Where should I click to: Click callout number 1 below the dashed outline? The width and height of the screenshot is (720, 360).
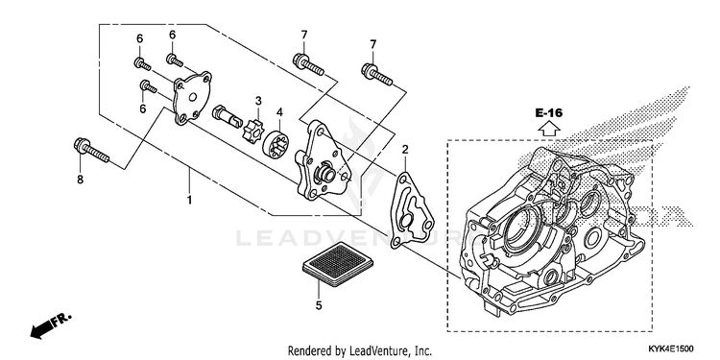pyautogui.click(x=189, y=201)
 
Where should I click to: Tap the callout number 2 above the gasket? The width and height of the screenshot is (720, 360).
pyautogui.click(x=404, y=149)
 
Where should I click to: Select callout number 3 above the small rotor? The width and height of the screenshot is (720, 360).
pyautogui.click(x=258, y=101)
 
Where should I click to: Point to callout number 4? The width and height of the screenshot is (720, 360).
pyautogui.click(x=279, y=111)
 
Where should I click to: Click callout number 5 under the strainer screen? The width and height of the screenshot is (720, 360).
pyautogui.click(x=319, y=305)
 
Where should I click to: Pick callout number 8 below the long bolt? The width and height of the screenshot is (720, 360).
pyautogui.click(x=80, y=180)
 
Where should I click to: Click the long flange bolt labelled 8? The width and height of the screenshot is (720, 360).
pyautogui.click(x=91, y=150)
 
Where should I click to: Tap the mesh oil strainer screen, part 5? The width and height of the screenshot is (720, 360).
pyautogui.click(x=338, y=264)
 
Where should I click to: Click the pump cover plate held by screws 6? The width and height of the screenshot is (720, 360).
pyautogui.click(x=192, y=98)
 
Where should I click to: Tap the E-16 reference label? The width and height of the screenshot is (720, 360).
pyautogui.click(x=549, y=112)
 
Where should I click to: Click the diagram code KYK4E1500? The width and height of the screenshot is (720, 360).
pyautogui.click(x=671, y=349)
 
